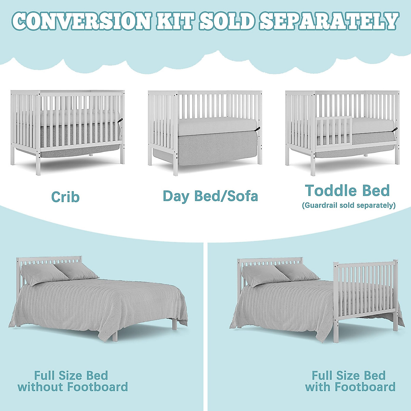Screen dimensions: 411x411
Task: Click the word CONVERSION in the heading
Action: coord(82,21)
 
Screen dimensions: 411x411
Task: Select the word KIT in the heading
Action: coord(173,21)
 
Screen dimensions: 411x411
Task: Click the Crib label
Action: coord(65,197)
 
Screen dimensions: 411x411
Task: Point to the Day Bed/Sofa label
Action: coord(210,196)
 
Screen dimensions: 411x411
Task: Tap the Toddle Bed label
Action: coord(347,190)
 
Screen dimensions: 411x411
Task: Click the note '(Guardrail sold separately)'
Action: coord(349,205)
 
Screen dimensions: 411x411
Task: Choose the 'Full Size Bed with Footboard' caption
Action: coord(350,381)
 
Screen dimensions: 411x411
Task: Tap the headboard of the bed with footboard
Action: coord(271,262)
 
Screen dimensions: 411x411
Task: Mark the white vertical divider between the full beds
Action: coord(206,325)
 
